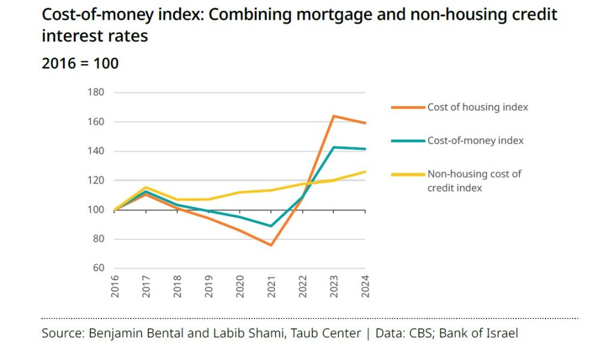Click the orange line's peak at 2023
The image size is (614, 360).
pos(333,116)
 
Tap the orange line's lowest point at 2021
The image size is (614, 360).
pos(271,245)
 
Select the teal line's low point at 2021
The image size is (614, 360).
pos(271,226)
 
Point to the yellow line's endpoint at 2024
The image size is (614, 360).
pos(365,172)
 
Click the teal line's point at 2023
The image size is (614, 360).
pos(333,147)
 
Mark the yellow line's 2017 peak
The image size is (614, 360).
pos(146,187)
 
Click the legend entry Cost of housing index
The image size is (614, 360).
pos(477,107)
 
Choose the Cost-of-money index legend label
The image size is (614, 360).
pos(475,140)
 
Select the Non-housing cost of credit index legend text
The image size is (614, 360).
pos(474,181)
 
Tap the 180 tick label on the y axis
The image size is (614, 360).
pos(96,92)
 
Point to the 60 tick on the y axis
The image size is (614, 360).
pos(99,268)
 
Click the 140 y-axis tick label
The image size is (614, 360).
pos(96,151)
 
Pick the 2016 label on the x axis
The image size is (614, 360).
pos(115,286)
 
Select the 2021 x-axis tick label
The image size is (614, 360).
pos(272,286)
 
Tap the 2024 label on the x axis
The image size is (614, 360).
pos(365,286)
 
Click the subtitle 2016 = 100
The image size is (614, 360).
pos(80,64)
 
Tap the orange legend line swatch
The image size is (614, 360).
pos(408,107)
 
